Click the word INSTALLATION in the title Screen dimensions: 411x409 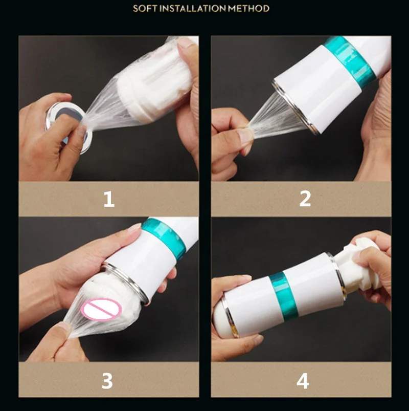pyautogui.click(x=191, y=9)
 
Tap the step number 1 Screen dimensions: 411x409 pyautogui.click(x=108, y=199)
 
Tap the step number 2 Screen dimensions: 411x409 pyautogui.click(x=305, y=199)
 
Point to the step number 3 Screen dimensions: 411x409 pyautogui.click(x=108, y=380)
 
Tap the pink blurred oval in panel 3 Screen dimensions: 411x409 pyautogui.click(x=101, y=309)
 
